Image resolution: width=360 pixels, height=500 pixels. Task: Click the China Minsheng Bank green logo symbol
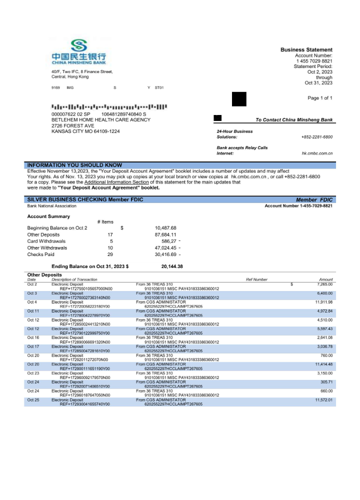[x=78, y=45]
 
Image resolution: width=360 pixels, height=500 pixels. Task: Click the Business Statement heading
[x=306, y=50]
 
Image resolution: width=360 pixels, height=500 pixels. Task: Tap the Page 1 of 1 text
[x=320, y=98]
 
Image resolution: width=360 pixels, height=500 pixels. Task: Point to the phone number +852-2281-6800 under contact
[x=317, y=137]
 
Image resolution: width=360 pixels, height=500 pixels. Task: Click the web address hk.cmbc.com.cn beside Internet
[x=317, y=153]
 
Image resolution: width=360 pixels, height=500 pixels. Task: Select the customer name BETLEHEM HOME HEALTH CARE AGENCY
[x=101, y=120]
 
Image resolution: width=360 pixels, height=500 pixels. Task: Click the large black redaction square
[x=239, y=99]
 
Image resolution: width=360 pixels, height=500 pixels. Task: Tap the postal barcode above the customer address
[x=109, y=107]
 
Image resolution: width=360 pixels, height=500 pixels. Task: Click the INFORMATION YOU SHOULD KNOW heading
[x=74, y=165]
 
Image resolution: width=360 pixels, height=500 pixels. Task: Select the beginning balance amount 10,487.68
[x=165, y=228]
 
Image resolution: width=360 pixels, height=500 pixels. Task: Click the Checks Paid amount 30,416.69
[x=165, y=254]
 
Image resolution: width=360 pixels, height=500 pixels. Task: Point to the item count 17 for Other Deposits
[x=110, y=234]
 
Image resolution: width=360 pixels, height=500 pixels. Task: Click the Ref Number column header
[x=256, y=279]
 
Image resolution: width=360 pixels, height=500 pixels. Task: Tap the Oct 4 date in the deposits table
[x=32, y=302]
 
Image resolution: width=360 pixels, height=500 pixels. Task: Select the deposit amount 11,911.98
[x=324, y=302]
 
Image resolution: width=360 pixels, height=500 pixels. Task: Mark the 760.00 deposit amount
[x=326, y=355]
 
